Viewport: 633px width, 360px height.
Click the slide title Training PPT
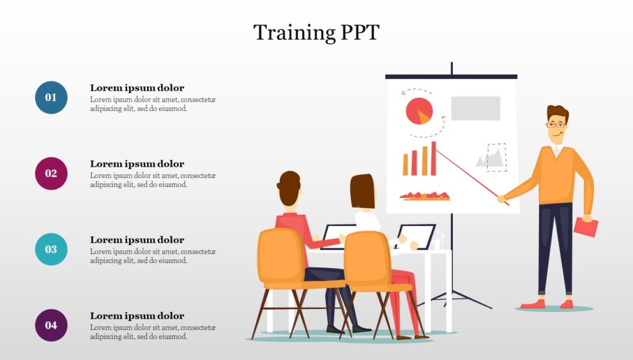pos(316,33)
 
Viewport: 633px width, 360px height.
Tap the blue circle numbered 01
pos(51,98)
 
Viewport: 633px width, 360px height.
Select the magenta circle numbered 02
pos(51,174)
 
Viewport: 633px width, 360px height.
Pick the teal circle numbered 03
pos(51,250)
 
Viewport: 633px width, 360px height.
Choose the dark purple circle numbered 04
pos(51,326)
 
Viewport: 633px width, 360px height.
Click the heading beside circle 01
pos(137,88)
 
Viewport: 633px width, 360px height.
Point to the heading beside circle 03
pos(137,240)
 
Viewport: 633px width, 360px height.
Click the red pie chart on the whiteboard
pos(418,111)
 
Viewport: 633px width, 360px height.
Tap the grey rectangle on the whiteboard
pos(475,109)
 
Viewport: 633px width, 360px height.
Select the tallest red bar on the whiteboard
pos(434,158)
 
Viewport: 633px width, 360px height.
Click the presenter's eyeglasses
pos(556,124)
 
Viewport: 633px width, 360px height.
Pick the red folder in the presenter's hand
pos(586,227)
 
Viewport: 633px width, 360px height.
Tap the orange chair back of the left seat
pos(280,255)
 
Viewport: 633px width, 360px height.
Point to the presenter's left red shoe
pos(532,304)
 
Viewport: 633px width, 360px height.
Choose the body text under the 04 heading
pos(153,332)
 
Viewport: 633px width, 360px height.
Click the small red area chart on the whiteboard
pos(425,195)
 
